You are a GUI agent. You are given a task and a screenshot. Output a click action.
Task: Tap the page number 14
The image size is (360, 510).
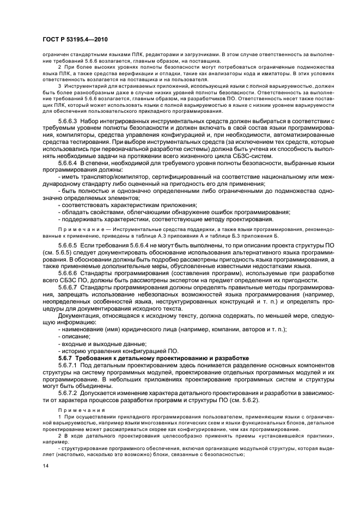pos(45,465)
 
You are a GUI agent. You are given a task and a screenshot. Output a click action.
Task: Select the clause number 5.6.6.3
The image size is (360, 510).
pos(68,120)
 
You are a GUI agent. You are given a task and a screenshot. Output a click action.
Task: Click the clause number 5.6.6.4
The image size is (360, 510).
pos(68,163)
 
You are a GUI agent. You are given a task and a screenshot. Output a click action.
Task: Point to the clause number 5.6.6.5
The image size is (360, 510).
pos(68,246)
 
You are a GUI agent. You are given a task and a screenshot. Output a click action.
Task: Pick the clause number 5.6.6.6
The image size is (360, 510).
pos(68,272)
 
